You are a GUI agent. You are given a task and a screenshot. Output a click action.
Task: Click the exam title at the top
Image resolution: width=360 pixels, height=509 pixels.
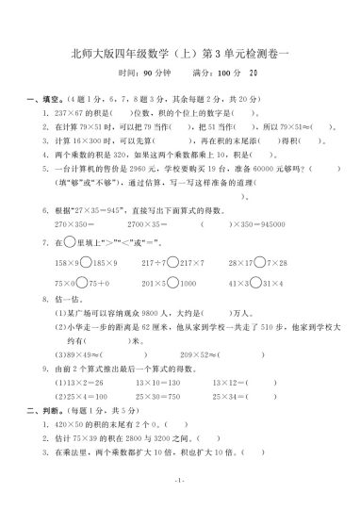pyautogui.click(x=180, y=53)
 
